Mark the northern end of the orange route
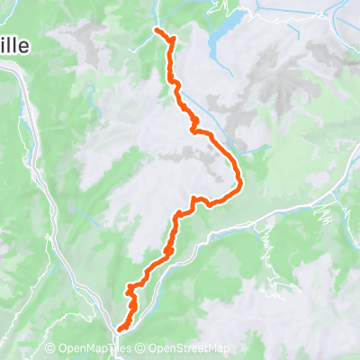(x=158, y=31)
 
